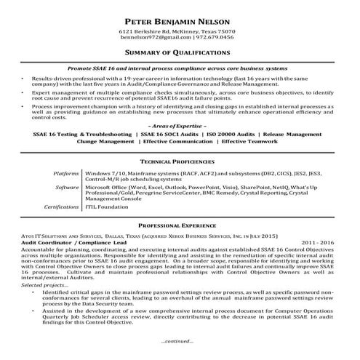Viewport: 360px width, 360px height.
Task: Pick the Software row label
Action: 67,187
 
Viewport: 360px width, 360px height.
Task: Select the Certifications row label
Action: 60,207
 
